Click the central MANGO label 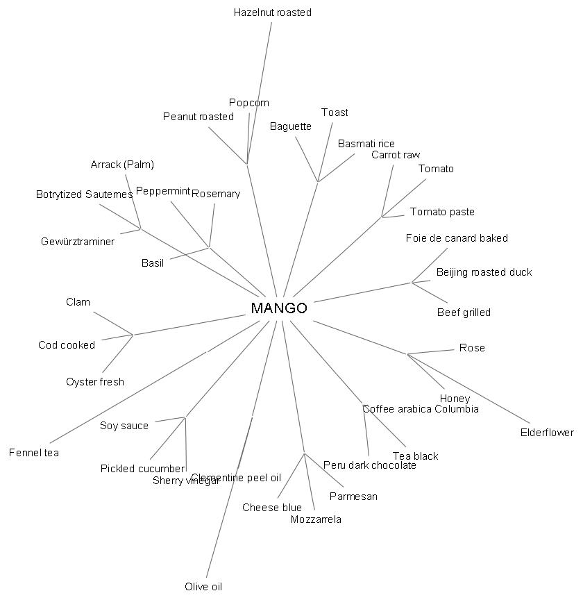pos(278,308)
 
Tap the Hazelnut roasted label pos(273,12)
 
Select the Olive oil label pos(203,587)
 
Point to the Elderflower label pos(547,433)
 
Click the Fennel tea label pos(34,453)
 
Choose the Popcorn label pos(249,103)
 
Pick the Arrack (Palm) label pos(122,165)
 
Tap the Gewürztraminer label pos(78,242)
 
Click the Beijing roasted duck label pos(484,272)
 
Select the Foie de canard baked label pos(457,238)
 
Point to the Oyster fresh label pos(95,382)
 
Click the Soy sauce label pos(124,426)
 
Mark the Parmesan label pos(353,497)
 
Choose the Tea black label pos(416,456)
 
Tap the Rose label pos(472,348)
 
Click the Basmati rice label pos(366,144)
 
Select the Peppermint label pos(163,191)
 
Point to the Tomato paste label pos(442,212)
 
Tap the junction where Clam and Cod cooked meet pos(133,335)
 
